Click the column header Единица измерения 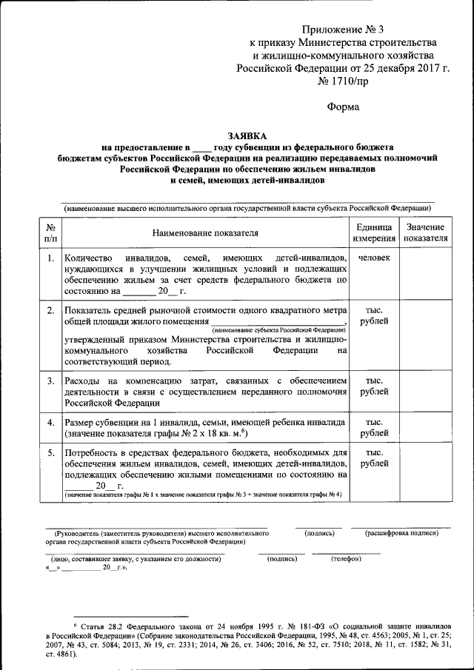click(374, 232)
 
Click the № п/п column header click(50, 232)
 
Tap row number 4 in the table click(50, 422)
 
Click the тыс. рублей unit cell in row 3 click(374, 386)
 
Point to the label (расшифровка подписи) click(401, 533)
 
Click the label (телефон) click(346, 558)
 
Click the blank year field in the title click(201, 147)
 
